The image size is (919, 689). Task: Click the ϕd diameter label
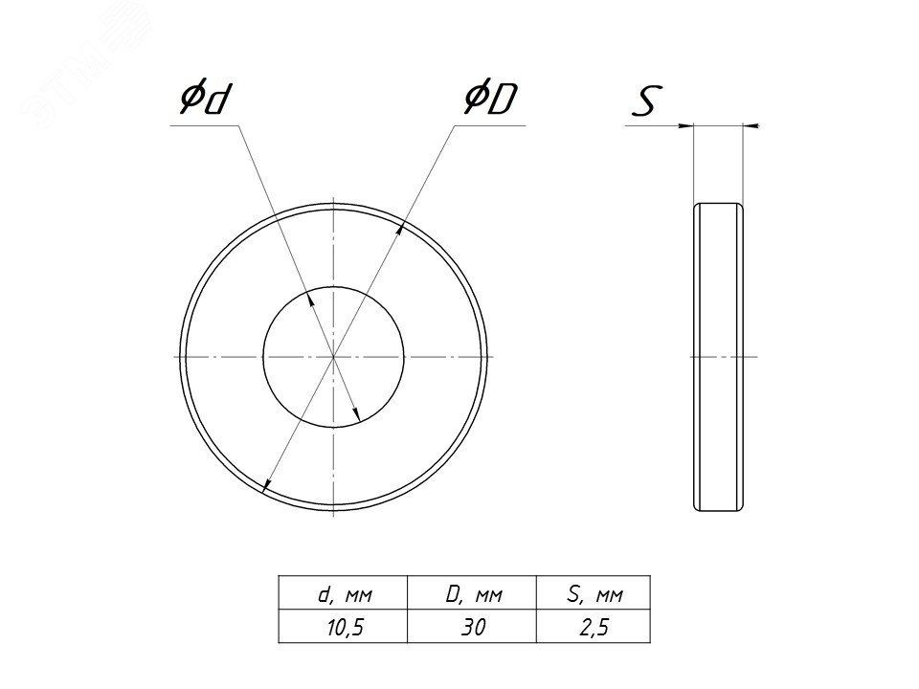point(203,99)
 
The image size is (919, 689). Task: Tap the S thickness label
point(647,100)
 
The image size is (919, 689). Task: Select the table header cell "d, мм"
point(344,593)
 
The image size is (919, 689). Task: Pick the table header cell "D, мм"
point(472,593)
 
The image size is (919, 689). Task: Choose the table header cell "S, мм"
point(594,593)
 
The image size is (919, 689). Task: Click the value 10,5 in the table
point(345,627)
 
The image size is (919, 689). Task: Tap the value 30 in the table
point(473,627)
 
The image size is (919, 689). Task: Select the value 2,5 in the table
point(594,627)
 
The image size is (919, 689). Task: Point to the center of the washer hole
point(333,356)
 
